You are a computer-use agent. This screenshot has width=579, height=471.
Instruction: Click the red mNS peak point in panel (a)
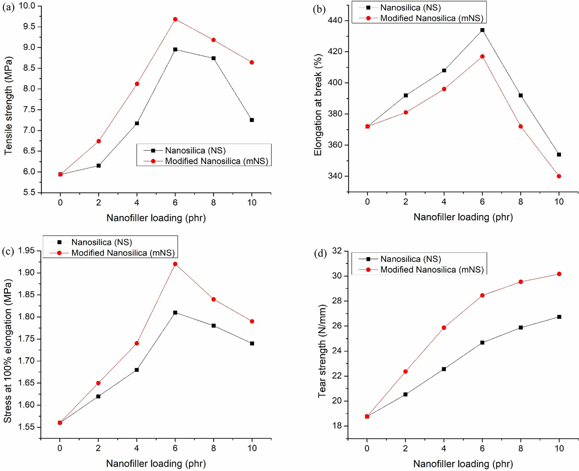[x=175, y=19]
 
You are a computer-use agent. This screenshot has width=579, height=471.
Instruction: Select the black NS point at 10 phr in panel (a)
[x=252, y=120]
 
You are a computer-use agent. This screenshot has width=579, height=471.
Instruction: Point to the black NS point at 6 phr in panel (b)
[x=482, y=30]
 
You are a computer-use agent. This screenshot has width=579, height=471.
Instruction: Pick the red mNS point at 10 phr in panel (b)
[x=559, y=176]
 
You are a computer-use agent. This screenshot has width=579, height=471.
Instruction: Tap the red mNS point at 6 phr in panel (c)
[x=175, y=264]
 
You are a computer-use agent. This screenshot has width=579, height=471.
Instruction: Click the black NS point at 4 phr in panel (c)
[x=137, y=370]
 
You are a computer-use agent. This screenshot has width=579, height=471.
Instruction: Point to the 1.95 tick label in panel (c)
[x=27, y=251]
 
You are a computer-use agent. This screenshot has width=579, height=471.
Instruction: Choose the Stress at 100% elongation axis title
[x=8, y=351]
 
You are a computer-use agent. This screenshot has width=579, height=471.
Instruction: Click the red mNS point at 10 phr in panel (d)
[x=559, y=274]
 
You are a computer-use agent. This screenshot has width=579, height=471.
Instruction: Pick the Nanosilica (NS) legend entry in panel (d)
[x=410, y=259]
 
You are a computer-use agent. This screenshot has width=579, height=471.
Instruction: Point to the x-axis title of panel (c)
[x=156, y=464]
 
